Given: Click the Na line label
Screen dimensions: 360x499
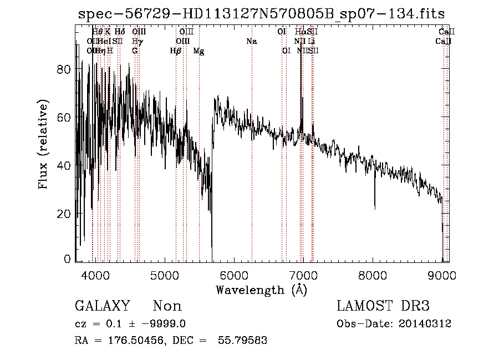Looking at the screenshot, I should click(x=252, y=42).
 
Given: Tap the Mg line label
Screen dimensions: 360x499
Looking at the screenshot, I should click(x=198, y=51).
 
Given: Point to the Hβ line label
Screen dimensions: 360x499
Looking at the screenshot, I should click(x=176, y=51).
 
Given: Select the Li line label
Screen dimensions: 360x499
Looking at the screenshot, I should click(x=312, y=42).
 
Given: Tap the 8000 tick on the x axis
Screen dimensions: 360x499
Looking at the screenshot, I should click(x=373, y=275).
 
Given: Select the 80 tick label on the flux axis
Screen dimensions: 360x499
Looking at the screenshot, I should click(x=64, y=69).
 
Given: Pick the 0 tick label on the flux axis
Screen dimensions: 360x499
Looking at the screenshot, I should click(x=68, y=260).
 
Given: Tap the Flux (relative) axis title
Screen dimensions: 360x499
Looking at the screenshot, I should click(x=44, y=144).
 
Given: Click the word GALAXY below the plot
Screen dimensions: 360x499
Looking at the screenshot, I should click(x=102, y=306).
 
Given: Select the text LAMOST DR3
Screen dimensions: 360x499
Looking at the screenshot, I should click(x=383, y=306).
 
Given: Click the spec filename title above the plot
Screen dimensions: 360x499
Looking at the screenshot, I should click(x=261, y=14).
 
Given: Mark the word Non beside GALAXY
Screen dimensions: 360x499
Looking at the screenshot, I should click(x=167, y=306).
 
